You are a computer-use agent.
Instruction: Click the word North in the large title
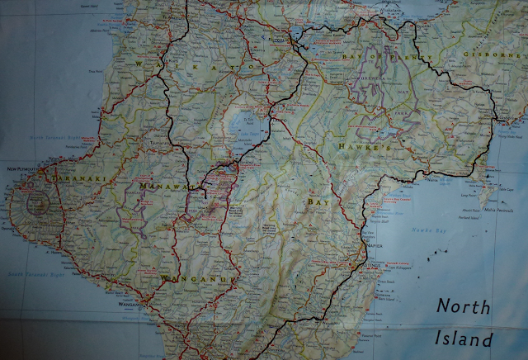click(463, 307)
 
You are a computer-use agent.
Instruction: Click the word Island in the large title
click(464, 339)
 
